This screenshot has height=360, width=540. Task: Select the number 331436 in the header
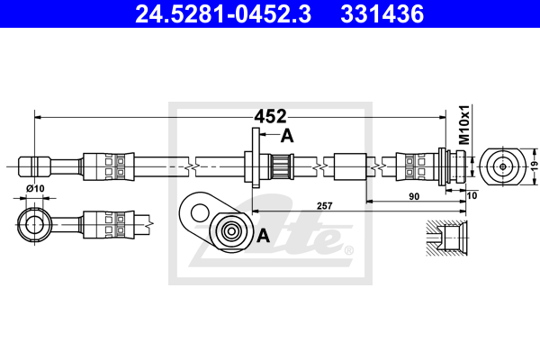click(379, 13)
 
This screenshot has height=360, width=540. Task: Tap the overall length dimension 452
click(269, 115)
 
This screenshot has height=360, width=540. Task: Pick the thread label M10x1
click(465, 125)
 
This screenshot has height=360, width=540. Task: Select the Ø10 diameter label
click(37, 188)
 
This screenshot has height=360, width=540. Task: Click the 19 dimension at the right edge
click(532, 166)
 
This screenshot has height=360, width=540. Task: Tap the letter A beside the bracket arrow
click(287, 136)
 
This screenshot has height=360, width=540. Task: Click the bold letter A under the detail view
click(264, 236)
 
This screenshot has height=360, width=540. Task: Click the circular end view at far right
click(500, 166)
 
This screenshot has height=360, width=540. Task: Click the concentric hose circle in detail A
click(232, 231)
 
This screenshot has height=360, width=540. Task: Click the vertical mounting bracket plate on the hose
click(255, 160)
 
